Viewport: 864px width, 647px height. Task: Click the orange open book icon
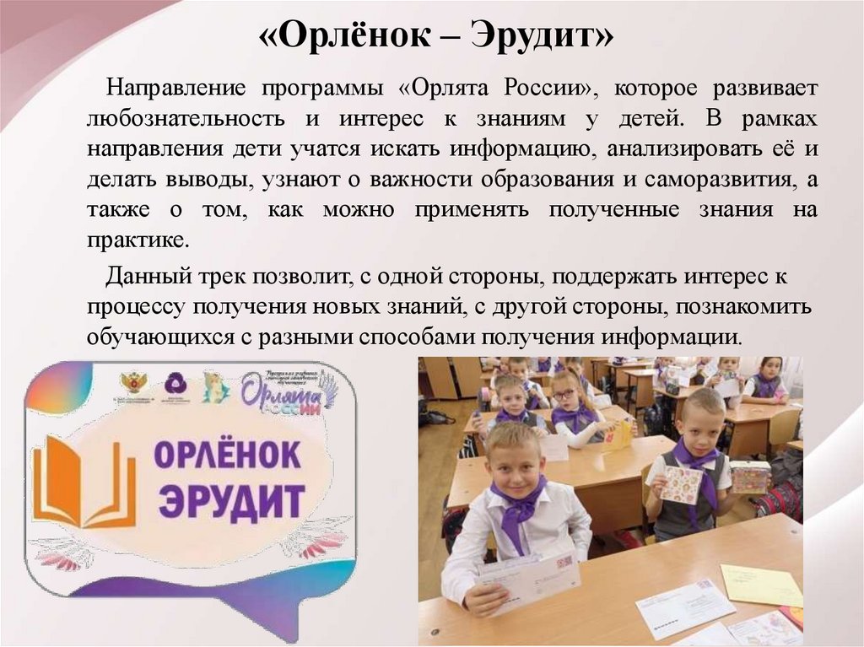(x=84, y=481)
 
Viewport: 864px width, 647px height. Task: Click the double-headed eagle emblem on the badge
(x=133, y=384)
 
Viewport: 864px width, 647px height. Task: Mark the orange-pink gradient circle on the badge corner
(x=58, y=387)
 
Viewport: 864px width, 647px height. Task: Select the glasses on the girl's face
(x=564, y=394)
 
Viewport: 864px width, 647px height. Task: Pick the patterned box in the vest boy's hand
(x=749, y=477)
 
